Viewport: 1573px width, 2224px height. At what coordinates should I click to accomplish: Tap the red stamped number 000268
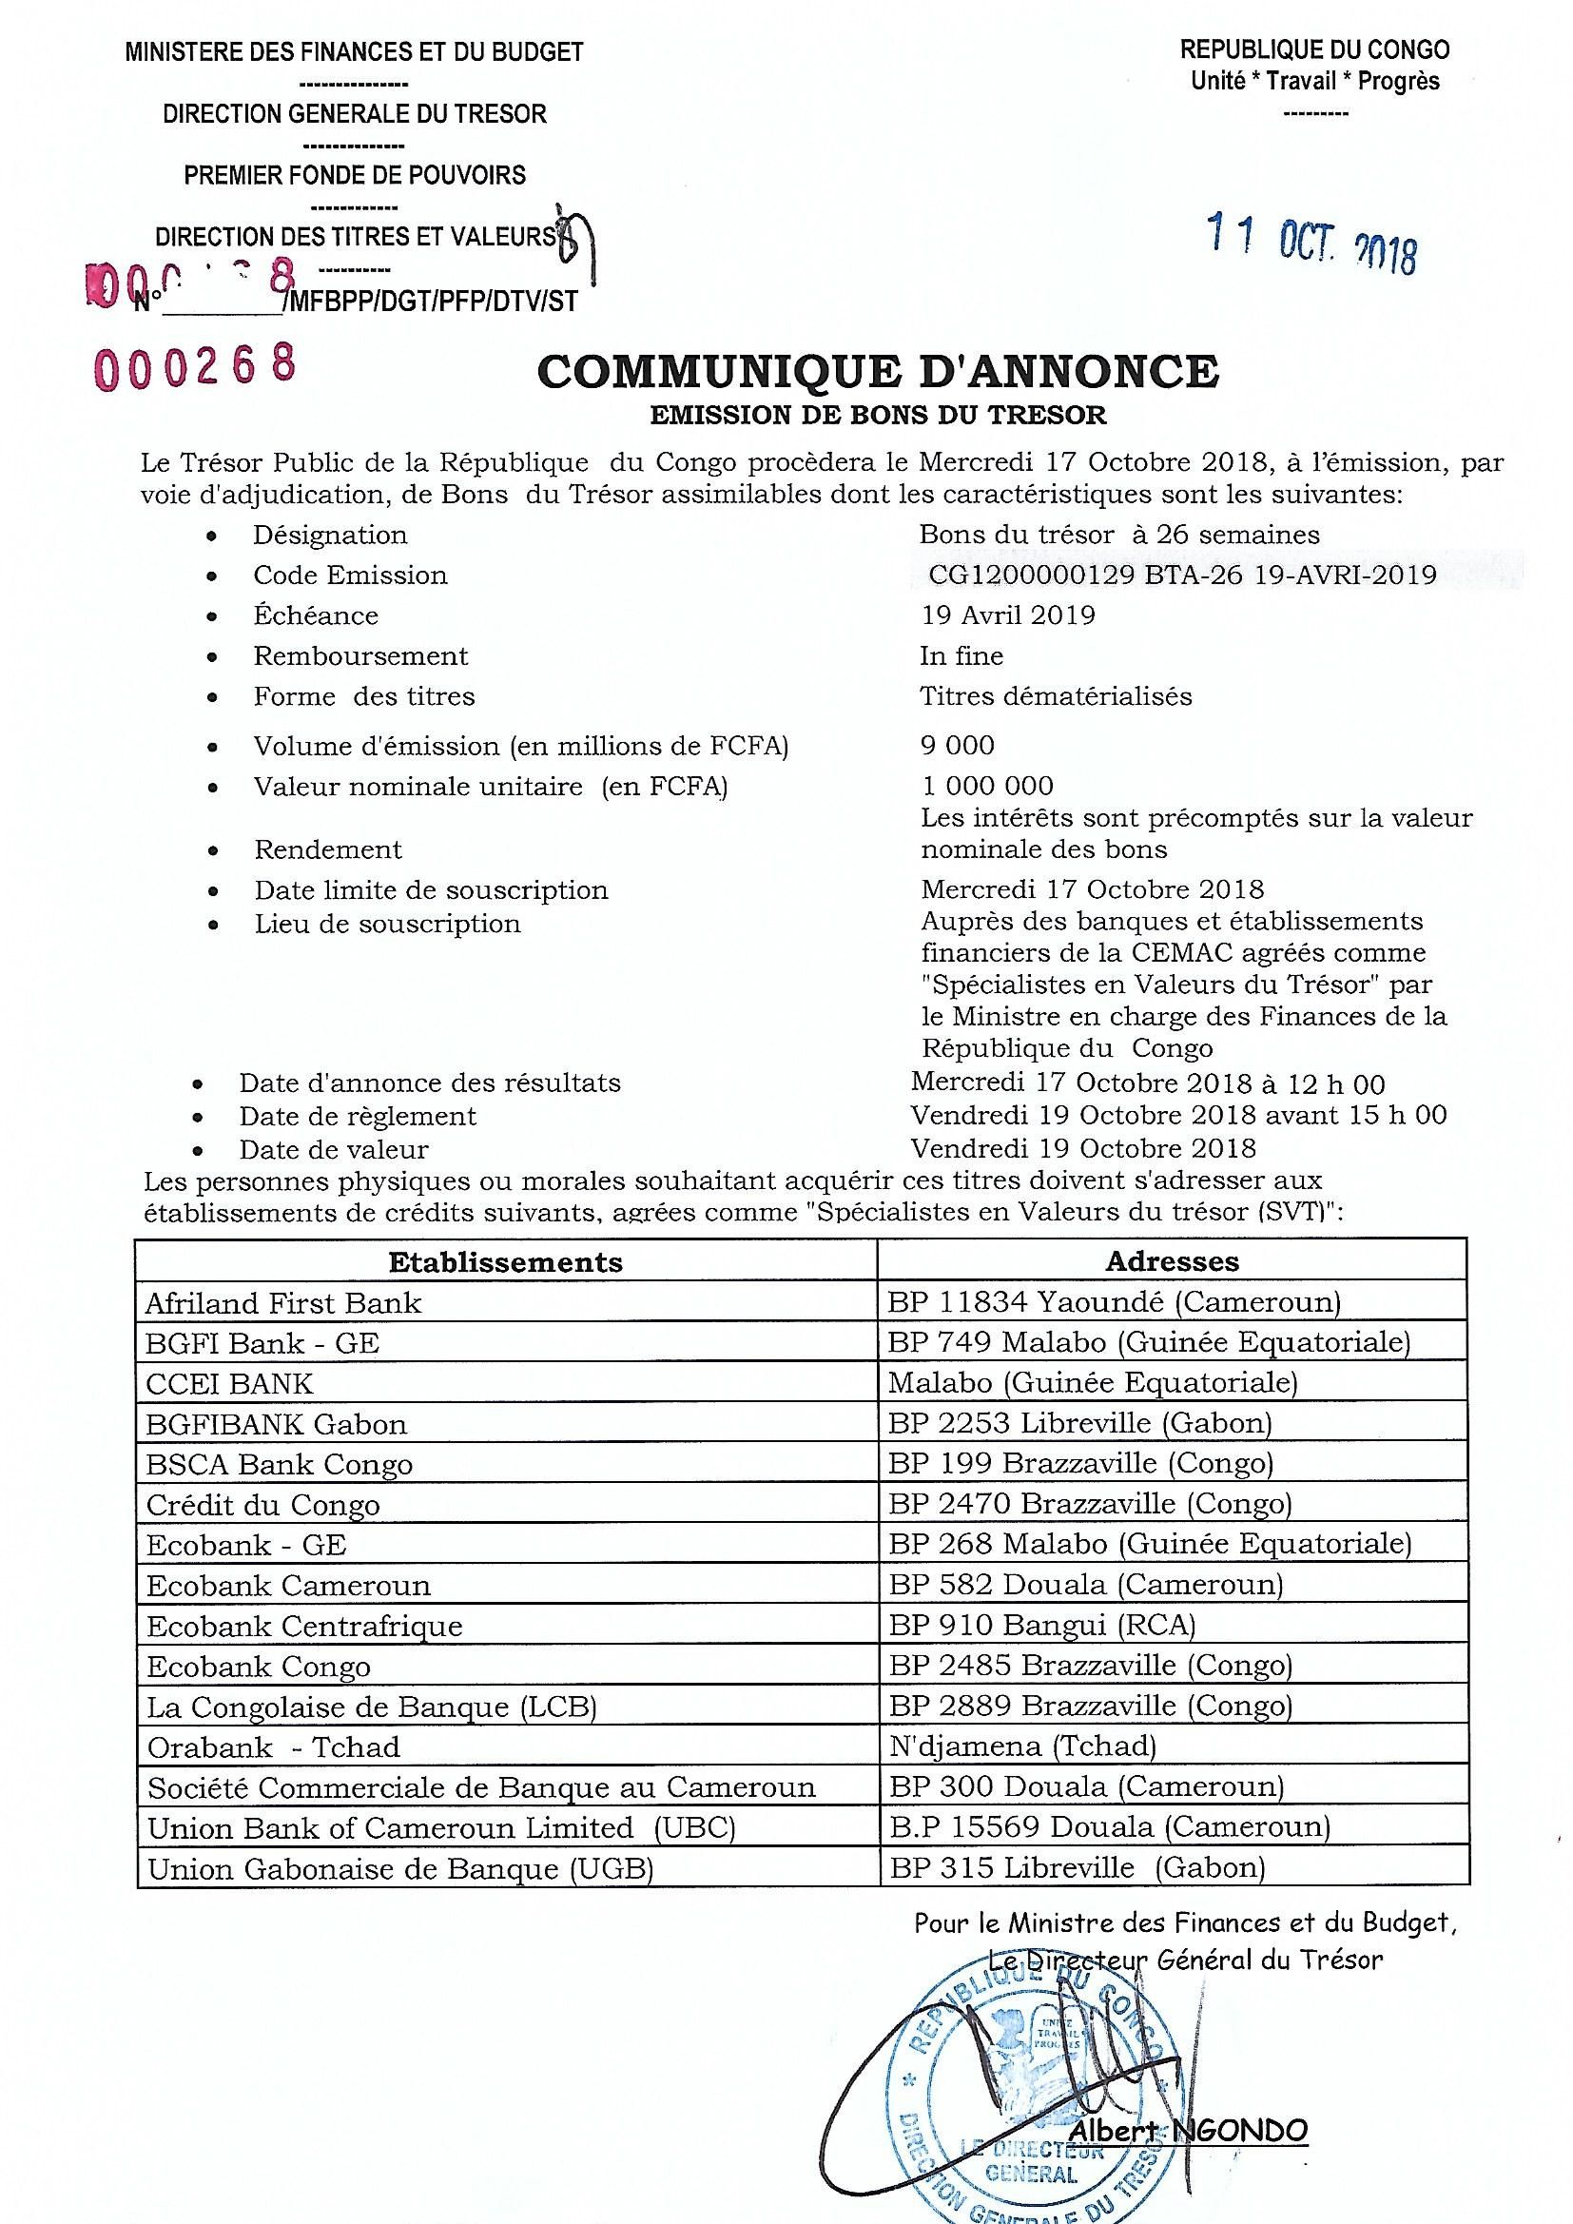point(194,365)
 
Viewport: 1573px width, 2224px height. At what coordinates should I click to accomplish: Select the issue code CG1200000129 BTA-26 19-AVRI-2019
point(1182,576)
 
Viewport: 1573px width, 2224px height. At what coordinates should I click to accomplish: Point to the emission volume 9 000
point(957,745)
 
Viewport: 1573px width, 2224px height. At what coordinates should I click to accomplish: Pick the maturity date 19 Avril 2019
point(1007,615)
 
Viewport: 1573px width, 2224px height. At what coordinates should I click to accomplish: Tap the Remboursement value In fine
point(961,655)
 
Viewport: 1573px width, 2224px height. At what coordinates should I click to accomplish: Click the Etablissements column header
point(506,1261)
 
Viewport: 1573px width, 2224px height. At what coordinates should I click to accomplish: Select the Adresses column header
point(1172,1261)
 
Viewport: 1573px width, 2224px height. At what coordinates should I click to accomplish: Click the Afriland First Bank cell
point(283,1303)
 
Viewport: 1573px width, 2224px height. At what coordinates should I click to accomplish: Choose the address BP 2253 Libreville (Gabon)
point(1080,1423)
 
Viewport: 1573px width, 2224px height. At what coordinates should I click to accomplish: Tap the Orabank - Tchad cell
point(273,1746)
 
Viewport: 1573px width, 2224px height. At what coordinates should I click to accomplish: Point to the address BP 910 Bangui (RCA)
point(1041,1625)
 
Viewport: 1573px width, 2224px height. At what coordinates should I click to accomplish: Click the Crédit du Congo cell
point(262,1504)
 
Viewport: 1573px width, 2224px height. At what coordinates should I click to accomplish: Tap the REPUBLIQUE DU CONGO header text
point(1314,49)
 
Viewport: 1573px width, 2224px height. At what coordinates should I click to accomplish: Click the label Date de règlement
point(358,1116)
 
